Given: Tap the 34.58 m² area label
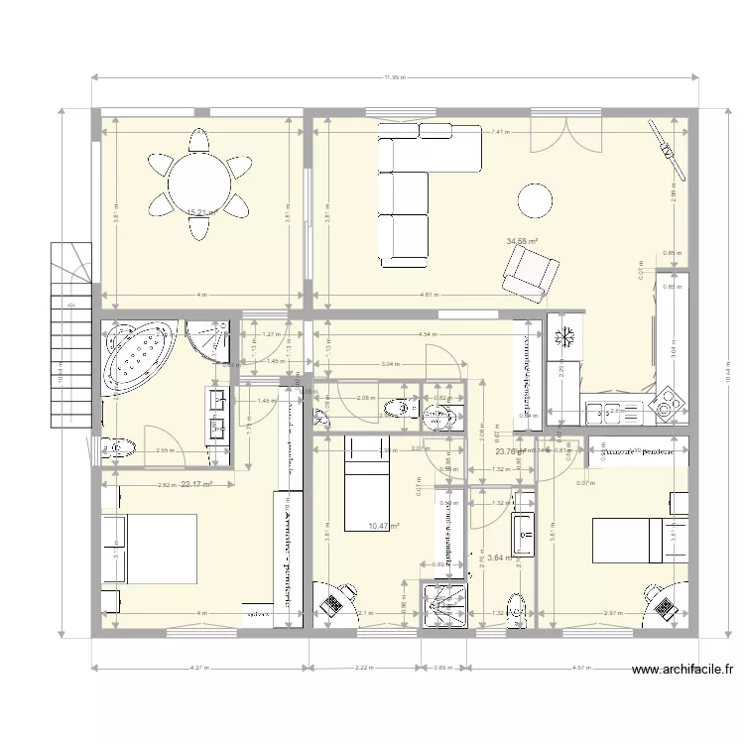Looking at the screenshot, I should tap(521, 241).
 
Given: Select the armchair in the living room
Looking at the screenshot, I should tap(530, 273).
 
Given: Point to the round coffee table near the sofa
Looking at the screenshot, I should tap(536, 200).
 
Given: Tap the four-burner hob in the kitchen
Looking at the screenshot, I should tap(665, 404).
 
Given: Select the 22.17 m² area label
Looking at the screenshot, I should tap(198, 484).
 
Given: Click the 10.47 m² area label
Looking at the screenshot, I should tap(383, 527).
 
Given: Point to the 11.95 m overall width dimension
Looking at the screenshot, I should tap(394, 77).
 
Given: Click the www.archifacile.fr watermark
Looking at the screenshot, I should tap(683, 671).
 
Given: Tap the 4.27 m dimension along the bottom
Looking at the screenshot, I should tap(200, 668).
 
